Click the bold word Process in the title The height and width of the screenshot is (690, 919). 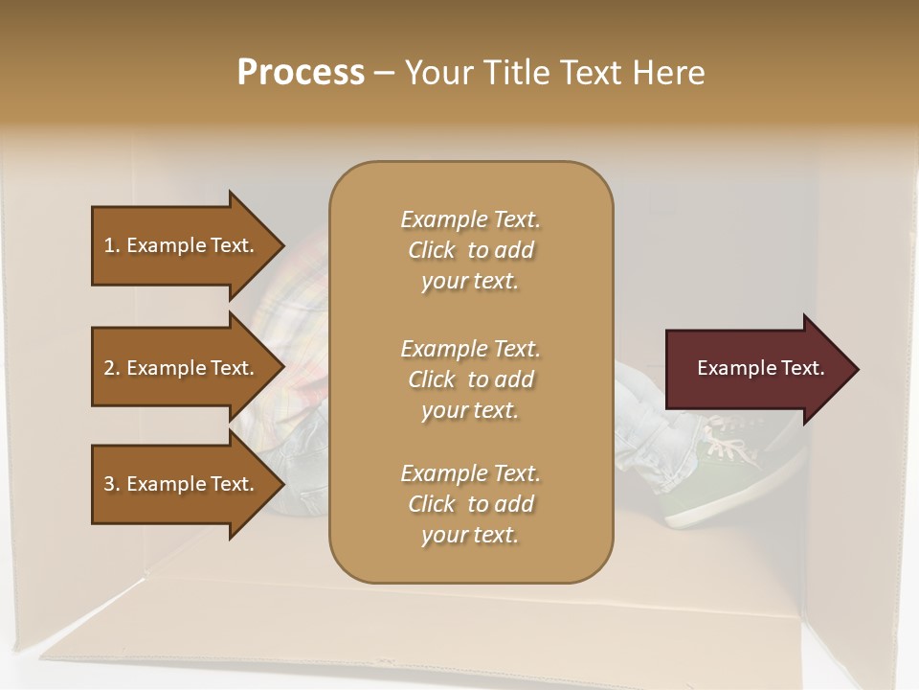pos(301,73)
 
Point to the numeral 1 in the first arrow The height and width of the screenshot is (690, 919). pos(109,245)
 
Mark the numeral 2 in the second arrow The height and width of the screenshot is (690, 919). pos(109,368)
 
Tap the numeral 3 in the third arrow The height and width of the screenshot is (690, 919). pos(109,484)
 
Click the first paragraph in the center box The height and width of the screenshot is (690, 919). pos(470,250)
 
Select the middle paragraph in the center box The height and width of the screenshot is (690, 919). pos(470,379)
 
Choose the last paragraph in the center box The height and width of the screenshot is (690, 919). pos(470,504)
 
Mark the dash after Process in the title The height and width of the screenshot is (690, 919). pos(384,73)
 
